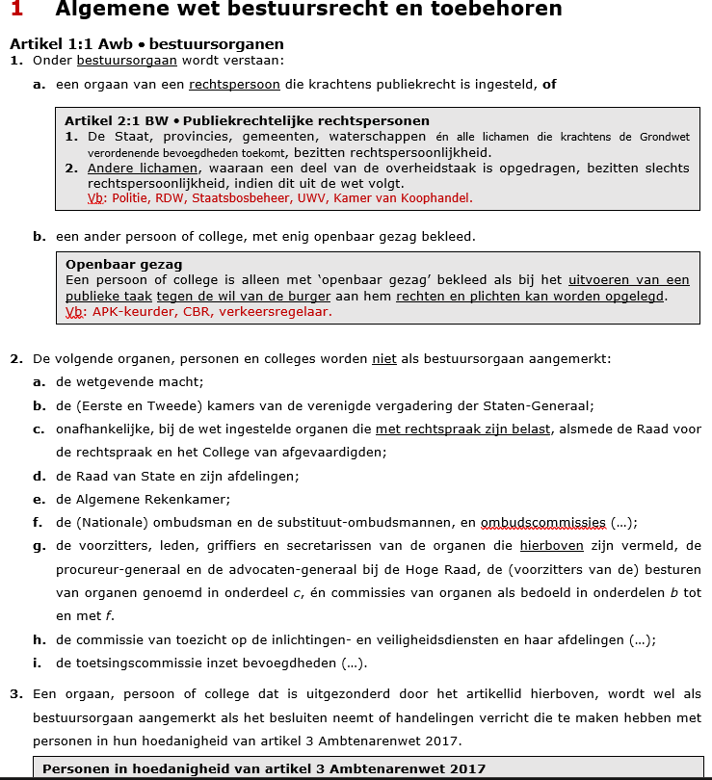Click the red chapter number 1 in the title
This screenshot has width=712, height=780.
16,10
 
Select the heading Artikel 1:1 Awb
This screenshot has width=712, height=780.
71,44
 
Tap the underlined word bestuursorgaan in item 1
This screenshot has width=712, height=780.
126,60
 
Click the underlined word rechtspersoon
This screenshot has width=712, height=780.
234,84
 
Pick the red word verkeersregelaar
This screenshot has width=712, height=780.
287,311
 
